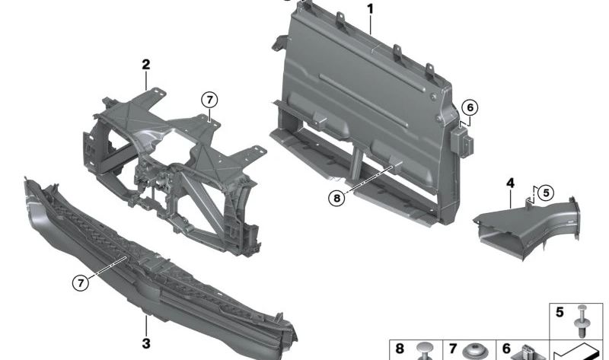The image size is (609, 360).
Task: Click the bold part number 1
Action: point(370,9)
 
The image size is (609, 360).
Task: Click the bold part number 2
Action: point(145,65)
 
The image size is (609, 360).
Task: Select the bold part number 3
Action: point(146,344)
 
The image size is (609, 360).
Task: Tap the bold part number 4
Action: point(510,183)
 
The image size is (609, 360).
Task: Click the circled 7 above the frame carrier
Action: point(210,100)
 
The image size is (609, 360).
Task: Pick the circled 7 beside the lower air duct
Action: point(81,282)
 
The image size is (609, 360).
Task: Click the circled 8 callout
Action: point(336,199)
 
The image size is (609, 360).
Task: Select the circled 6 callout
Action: point(470,107)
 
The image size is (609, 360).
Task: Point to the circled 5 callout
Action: point(546,193)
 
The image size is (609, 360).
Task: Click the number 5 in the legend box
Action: point(560,312)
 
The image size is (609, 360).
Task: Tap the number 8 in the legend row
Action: point(400,349)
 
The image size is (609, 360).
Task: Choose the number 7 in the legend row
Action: point(453,349)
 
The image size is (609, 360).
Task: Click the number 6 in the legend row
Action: point(506,349)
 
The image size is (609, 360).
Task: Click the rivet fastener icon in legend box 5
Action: point(582,320)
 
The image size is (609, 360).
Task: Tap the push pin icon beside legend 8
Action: point(424,351)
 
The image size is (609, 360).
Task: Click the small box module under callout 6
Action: point(462,142)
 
